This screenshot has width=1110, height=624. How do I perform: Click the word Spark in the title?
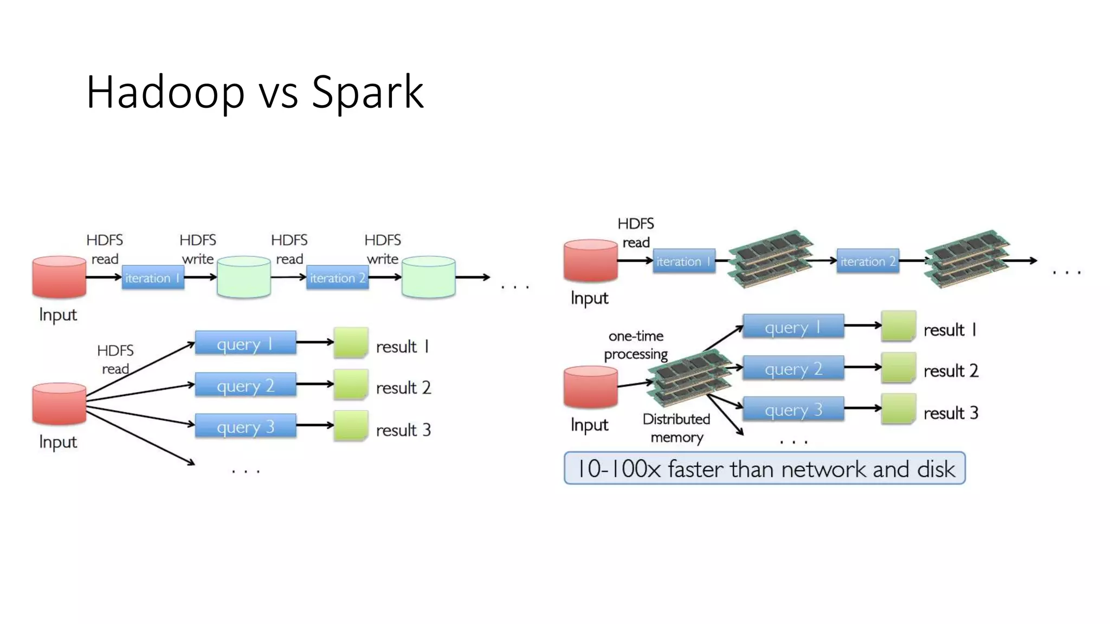(x=367, y=92)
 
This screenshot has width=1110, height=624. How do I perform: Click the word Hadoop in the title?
(x=165, y=92)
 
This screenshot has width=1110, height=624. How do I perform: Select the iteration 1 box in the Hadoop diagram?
(x=152, y=278)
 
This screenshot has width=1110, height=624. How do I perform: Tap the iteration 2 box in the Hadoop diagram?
(x=337, y=278)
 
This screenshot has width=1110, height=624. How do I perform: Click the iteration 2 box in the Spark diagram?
(x=867, y=261)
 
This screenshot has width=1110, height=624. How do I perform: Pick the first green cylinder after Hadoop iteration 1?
(x=243, y=277)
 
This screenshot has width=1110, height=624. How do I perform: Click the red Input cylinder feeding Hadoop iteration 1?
(x=59, y=277)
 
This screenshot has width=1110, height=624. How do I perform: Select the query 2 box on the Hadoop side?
(x=245, y=385)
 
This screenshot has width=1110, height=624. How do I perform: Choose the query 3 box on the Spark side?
(x=793, y=409)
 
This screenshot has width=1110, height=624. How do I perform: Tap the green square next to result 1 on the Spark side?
(x=898, y=326)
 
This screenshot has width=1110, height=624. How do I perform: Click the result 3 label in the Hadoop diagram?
(x=403, y=430)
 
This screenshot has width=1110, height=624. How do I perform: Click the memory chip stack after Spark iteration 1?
(x=770, y=258)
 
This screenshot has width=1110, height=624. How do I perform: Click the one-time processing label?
(x=636, y=345)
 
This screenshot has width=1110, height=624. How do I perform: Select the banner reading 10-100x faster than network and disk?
(x=764, y=469)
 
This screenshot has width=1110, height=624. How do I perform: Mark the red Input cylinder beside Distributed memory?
(x=590, y=387)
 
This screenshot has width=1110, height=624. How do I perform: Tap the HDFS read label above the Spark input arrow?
(x=636, y=233)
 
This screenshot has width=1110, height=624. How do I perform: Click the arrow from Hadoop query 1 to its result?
(x=314, y=342)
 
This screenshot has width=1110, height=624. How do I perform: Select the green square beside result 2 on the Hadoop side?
(x=351, y=385)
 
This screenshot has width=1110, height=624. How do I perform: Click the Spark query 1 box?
(x=793, y=327)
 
